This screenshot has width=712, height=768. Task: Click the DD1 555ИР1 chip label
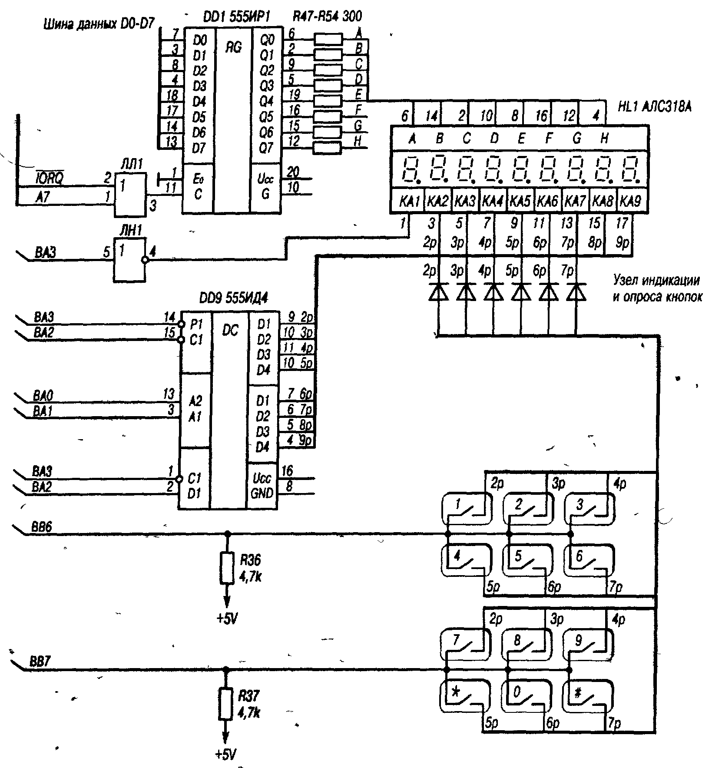tap(236, 17)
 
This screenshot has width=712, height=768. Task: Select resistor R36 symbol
tap(226, 568)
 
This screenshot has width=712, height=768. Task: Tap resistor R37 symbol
tap(225, 704)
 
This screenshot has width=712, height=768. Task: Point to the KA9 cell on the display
tap(629, 201)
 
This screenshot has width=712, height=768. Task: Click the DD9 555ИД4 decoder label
tap(233, 298)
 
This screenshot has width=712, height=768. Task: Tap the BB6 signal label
tap(41, 527)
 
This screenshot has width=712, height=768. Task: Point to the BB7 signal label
tap(40, 663)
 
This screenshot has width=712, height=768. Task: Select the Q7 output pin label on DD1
tap(266, 148)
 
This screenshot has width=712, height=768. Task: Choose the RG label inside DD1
tap(233, 47)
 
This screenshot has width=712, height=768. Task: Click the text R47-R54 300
tap(327, 17)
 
